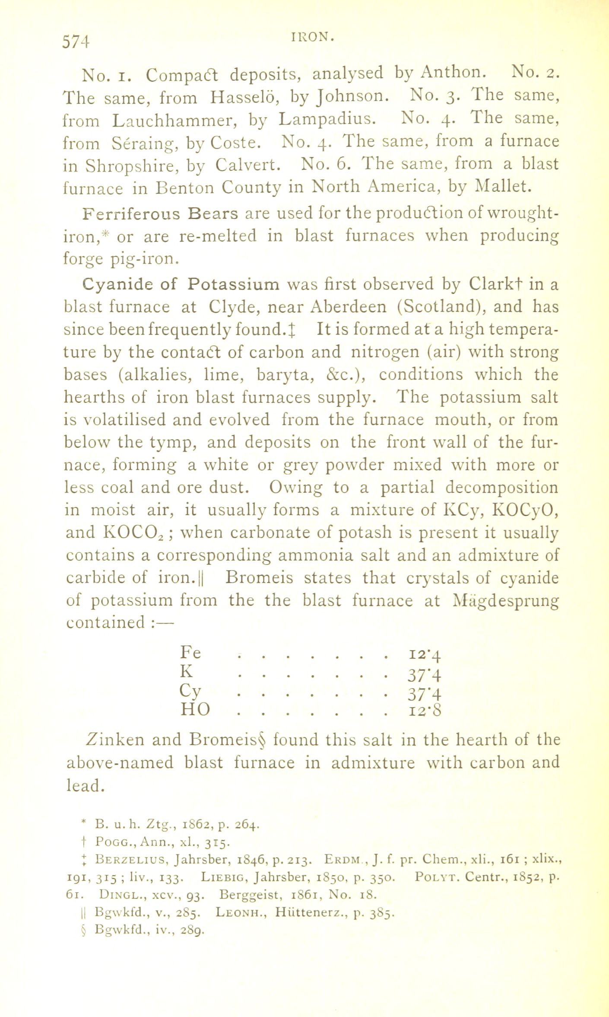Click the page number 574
tap(76, 42)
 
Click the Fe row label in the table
tap(190, 652)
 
